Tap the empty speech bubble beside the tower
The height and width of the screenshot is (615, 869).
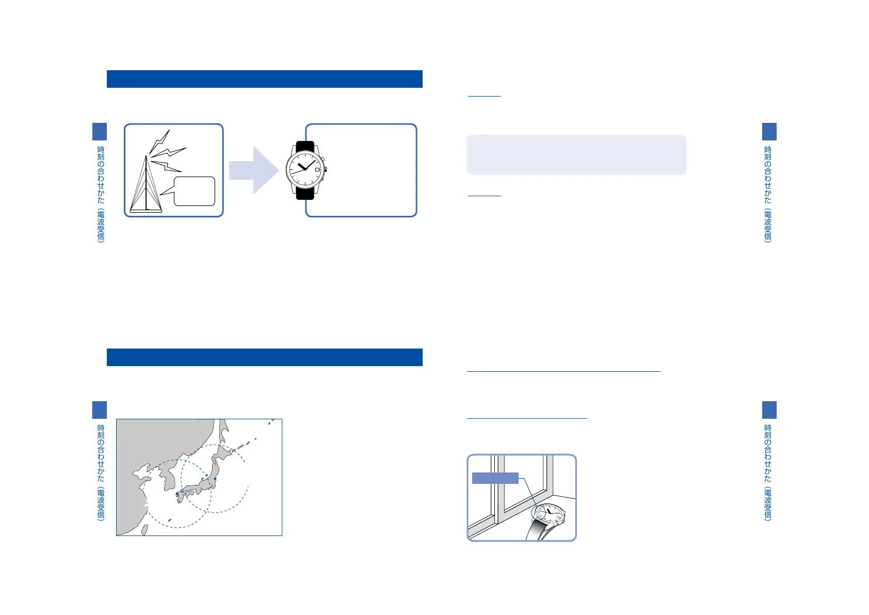pyautogui.click(x=195, y=191)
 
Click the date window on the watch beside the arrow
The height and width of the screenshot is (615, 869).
pyautogui.click(x=317, y=169)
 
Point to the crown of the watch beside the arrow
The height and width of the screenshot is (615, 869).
pyautogui.click(x=326, y=169)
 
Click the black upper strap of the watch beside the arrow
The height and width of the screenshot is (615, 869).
pyautogui.click(x=305, y=147)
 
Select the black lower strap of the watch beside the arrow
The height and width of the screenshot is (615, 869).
pyautogui.click(x=305, y=193)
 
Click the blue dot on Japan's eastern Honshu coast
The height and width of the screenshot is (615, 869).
pyautogui.click(x=215, y=479)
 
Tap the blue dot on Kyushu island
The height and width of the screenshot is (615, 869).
pyautogui.click(x=178, y=494)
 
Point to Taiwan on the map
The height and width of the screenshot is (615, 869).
pyautogui.click(x=145, y=529)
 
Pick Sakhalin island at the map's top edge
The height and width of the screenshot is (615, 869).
pyautogui.click(x=223, y=429)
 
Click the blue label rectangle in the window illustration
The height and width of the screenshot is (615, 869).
pyautogui.click(x=495, y=478)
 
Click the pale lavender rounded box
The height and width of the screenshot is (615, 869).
pyautogui.click(x=576, y=155)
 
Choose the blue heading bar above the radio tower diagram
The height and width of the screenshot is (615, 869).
pyautogui.click(x=264, y=79)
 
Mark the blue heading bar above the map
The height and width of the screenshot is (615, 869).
pyautogui.click(x=264, y=357)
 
